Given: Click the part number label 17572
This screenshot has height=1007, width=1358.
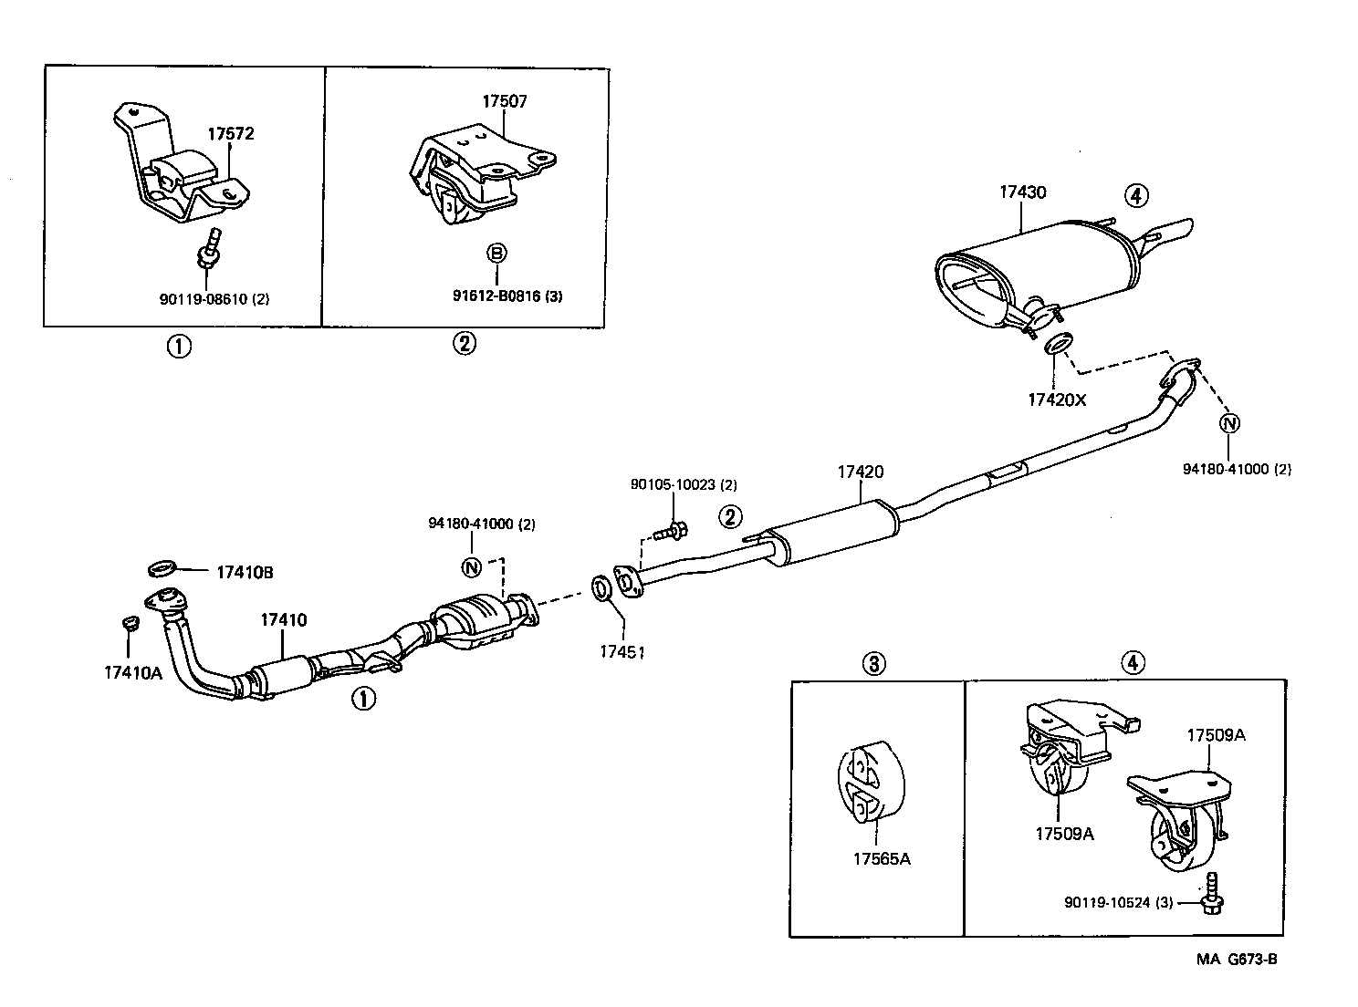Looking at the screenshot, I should [x=230, y=134].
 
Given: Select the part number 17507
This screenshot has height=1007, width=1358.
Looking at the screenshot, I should [x=505, y=101].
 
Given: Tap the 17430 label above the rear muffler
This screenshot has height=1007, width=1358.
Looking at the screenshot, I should [x=1022, y=192].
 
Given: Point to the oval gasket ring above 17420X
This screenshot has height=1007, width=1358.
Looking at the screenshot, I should [x=1057, y=345].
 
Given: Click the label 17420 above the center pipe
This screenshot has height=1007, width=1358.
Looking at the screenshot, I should [x=860, y=472].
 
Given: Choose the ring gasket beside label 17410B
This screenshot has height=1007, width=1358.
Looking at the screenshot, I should [x=162, y=570].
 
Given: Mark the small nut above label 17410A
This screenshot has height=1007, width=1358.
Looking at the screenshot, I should [x=129, y=624].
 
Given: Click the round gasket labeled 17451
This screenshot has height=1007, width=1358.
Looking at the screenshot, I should [x=603, y=589].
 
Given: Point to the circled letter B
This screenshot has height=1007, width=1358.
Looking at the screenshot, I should [x=496, y=253].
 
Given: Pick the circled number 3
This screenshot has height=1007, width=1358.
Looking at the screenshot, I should [x=873, y=663].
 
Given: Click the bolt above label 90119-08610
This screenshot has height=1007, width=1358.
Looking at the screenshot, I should [x=209, y=252].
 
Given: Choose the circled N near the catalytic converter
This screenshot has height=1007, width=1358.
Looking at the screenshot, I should [x=472, y=567].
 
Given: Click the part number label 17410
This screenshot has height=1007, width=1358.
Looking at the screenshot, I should [x=283, y=620].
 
